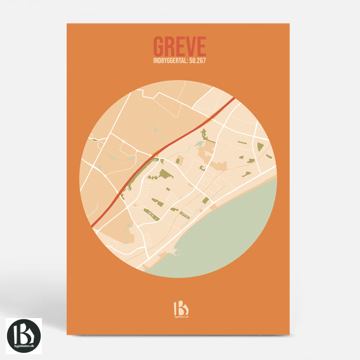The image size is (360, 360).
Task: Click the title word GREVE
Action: coord(179,46)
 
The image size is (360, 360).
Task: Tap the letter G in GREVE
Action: coord(159,46)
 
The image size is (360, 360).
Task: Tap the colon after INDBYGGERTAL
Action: coord(185,60)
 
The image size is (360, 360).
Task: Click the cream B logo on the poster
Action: coord(179,307)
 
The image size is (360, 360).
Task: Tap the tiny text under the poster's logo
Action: coord(179,318)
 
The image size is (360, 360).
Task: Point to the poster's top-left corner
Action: coord(67,24)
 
